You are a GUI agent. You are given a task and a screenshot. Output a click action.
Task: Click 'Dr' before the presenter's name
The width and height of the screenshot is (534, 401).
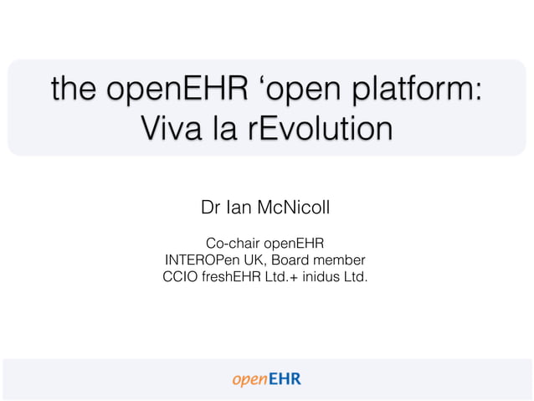(210, 206)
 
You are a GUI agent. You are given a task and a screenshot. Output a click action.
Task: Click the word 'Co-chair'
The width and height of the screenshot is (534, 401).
(234, 244)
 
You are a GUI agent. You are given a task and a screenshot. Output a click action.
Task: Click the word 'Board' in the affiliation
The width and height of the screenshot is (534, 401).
(295, 260)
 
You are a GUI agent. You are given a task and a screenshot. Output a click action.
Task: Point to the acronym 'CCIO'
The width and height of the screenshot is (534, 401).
(181, 275)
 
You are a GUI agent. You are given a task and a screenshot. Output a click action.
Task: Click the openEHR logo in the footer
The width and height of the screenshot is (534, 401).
(266, 379)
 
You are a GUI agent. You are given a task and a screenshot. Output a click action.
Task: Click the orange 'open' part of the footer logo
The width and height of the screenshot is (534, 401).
(249, 380)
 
